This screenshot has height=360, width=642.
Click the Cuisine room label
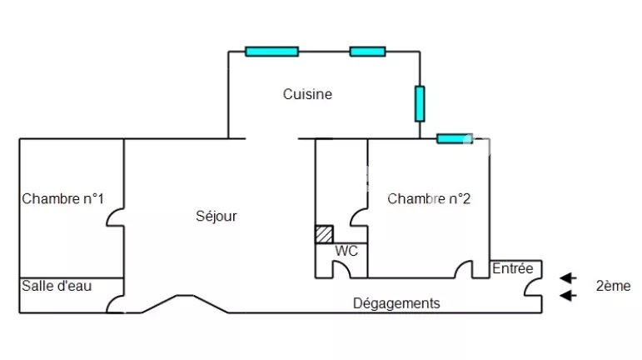coord(307,94)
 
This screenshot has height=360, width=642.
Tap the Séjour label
coord(216,216)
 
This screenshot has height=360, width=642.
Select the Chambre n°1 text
coord(63,198)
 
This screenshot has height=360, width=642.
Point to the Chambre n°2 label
coord(429,199)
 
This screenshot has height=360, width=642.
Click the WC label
coord(346,250)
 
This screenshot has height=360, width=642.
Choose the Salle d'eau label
coord(57,286)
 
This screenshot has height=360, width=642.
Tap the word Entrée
coord(513,268)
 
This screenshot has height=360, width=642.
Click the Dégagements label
coord(396,303)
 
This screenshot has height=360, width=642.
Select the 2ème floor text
coord(613,286)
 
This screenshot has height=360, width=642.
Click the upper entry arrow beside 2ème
coord(568,277)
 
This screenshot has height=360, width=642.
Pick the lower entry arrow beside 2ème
coord(568,295)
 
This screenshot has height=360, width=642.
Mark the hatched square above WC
coord(324,234)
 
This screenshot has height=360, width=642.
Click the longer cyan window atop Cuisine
coord(271,52)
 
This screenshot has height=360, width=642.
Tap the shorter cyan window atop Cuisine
coord(367,52)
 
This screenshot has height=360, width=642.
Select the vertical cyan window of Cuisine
coord(420,103)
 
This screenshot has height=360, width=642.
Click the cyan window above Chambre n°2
coord(454,138)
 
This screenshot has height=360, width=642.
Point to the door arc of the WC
coord(342,269)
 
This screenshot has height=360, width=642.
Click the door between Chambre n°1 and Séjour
coord(117,217)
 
